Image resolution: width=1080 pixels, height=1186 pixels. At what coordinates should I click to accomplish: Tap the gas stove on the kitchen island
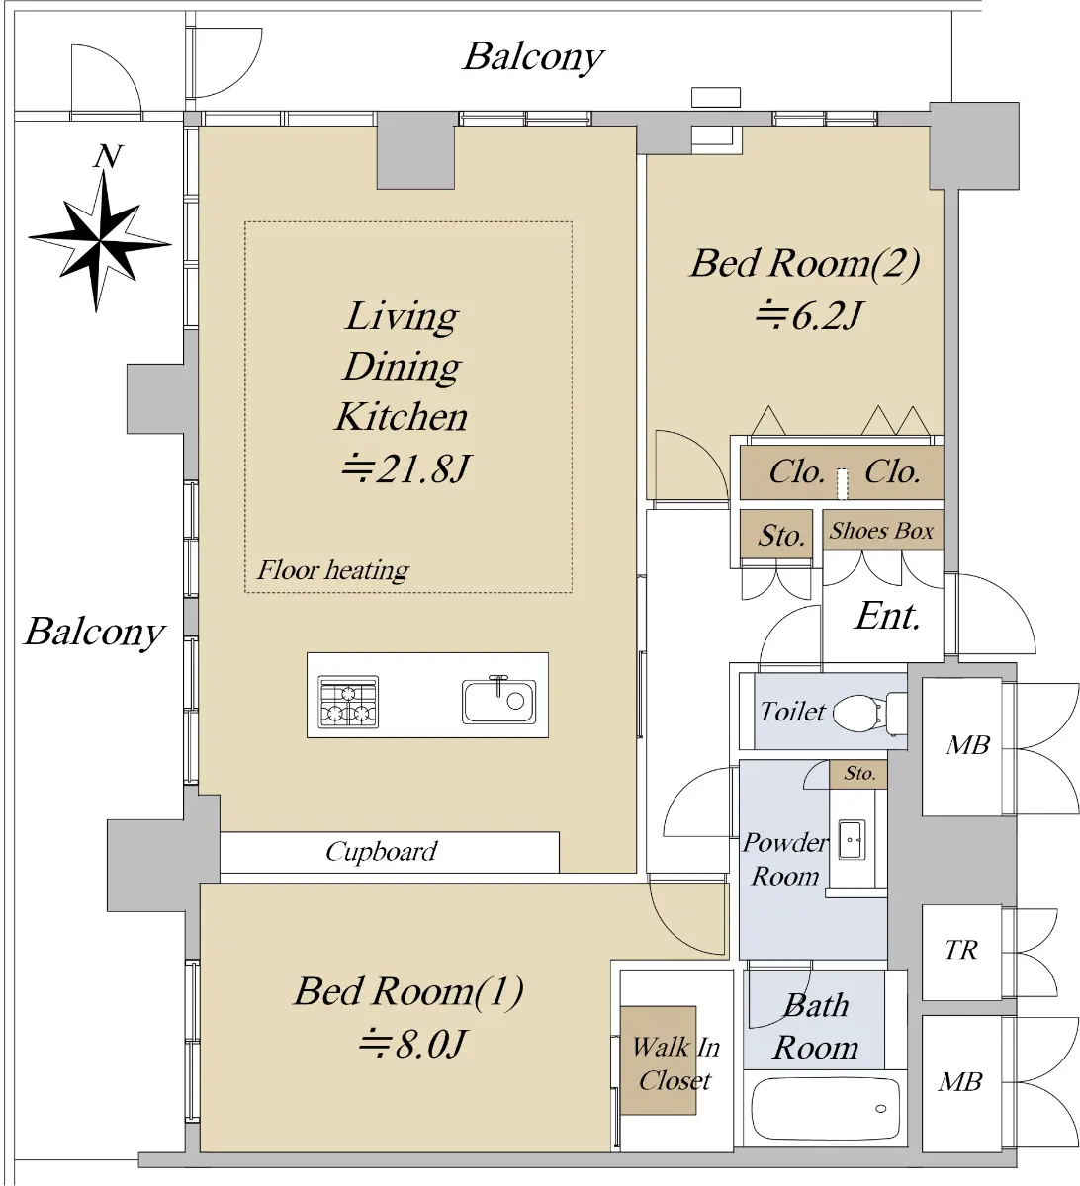click(348, 702)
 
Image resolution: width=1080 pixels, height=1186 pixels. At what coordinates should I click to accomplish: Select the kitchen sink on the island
click(498, 700)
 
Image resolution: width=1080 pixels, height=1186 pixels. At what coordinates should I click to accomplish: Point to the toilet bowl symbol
click(868, 713)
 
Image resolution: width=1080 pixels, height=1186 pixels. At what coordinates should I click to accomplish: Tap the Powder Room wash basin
click(852, 839)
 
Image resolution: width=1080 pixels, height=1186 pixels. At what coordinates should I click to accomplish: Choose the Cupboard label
click(382, 852)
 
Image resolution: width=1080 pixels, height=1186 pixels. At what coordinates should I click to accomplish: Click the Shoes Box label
click(881, 531)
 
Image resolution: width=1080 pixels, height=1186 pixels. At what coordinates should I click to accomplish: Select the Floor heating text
click(332, 570)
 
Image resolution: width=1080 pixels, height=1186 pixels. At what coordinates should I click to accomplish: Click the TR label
click(961, 950)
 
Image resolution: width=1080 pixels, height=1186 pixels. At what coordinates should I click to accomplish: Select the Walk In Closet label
click(675, 1064)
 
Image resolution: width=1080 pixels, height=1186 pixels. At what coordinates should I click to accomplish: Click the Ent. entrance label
click(888, 616)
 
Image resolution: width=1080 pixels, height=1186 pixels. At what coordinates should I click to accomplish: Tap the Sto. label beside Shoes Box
click(781, 535)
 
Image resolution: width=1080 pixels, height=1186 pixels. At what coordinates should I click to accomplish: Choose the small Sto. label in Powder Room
click(859, 773)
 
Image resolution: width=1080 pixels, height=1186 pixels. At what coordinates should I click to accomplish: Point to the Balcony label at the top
click(533, 57)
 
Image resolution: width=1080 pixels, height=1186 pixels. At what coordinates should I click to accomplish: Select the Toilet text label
click(792, 712)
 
